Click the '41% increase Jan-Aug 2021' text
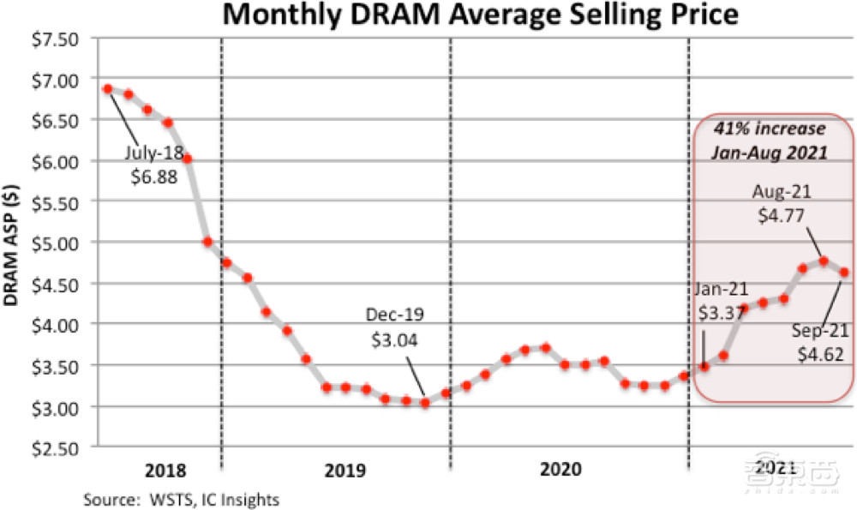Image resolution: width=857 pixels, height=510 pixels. (x=770, y=140)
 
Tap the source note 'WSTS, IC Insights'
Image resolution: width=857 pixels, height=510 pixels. (x=181, y=498)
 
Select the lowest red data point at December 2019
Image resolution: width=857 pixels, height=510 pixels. (x=425, y=402)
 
